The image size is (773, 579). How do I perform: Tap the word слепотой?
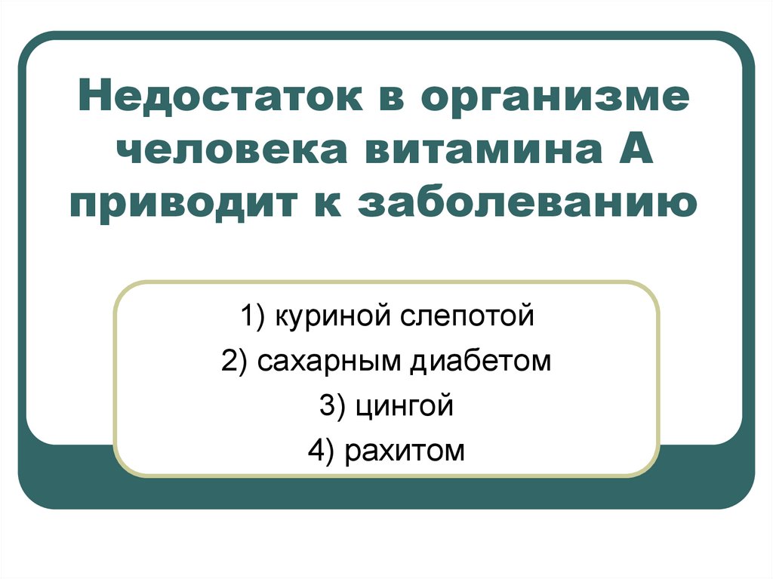467,317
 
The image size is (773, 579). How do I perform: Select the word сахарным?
329,362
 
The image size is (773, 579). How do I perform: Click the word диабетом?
481,361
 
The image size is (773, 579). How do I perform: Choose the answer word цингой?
404,407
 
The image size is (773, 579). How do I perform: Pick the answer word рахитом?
405,452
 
